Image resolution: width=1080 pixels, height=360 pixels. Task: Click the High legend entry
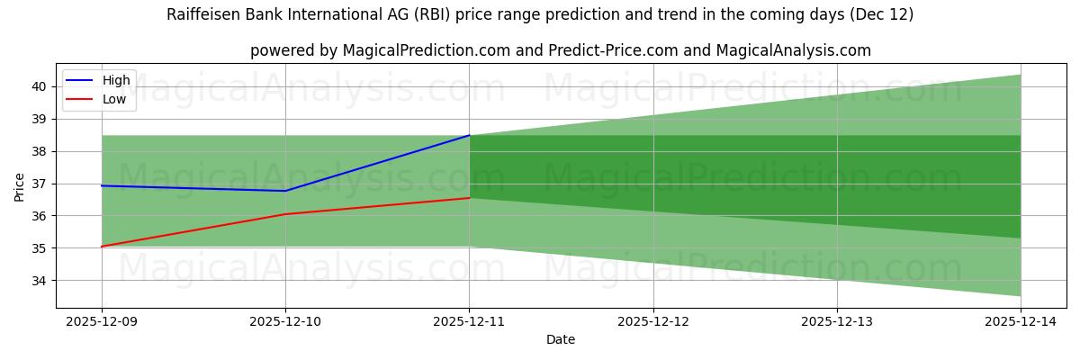(116, 80)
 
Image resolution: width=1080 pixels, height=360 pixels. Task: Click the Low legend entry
(114, 100)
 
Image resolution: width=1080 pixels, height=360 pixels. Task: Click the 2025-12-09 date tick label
(102, 320)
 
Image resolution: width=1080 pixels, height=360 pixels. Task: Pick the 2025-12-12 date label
(653, 320)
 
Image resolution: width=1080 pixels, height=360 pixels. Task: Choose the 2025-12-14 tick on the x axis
(1021, 320)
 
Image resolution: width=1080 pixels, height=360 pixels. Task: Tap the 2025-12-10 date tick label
(285, 320)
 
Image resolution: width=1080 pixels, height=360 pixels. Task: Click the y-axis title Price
(20, 186)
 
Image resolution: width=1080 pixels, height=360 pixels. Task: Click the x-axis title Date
(561, 339)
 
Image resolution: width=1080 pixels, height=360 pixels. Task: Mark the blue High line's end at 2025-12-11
(469, 135)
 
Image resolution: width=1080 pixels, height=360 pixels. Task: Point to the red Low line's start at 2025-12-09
(102, 247)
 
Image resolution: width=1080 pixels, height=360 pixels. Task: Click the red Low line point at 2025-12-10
(285, 214)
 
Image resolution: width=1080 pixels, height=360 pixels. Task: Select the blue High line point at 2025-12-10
(285, 191)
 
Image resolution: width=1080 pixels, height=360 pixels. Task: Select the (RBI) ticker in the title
(459, 14)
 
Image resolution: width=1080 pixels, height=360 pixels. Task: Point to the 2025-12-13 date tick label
(837, 320)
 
